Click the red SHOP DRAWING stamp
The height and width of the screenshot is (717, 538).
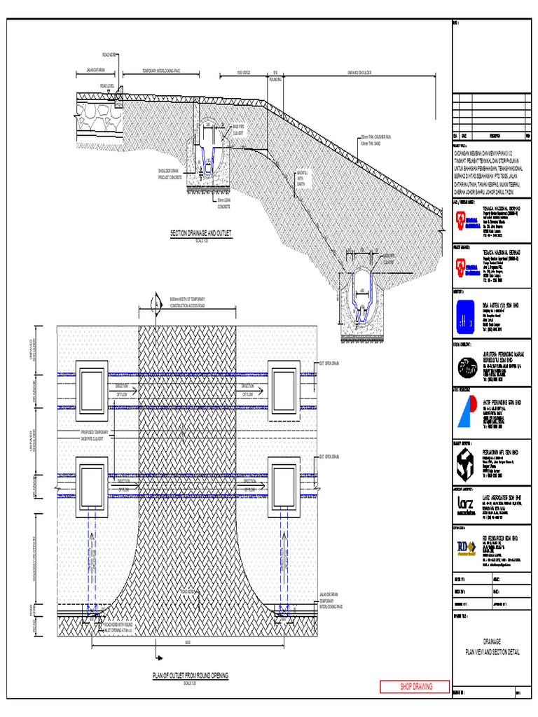click(415, 686)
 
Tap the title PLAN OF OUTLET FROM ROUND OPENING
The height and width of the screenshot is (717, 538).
click(191, 676)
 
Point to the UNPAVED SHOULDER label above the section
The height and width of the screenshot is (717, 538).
click(360, 72)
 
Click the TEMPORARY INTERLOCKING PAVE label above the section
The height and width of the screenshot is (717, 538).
click(161, 71)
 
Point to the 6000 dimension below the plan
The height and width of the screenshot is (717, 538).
click(188, 642)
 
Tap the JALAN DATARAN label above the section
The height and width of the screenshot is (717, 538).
click(95, 71)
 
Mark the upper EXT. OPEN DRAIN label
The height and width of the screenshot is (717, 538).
click(329, 363)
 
